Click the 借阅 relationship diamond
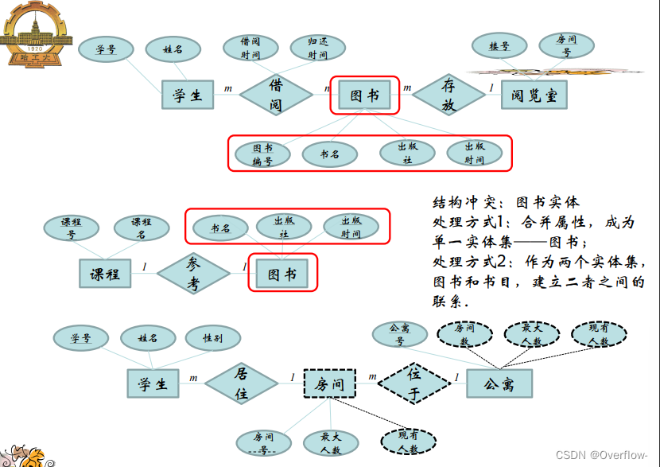tap(276, 95)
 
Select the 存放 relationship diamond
tap(448, 95)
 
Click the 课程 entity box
tap(105, 274)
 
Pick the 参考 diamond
tap(194, 274)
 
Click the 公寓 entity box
tap(500, 384)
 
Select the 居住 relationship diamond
tap(242, 383)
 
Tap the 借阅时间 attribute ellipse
tap(250, 48)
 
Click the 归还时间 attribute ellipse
tap(318, 48)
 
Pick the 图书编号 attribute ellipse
tap(262, 154)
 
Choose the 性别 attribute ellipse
tap(212, 338)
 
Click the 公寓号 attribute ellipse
tap(399, 333)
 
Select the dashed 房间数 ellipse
tap(464, 333)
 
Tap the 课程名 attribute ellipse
tap(141, 228)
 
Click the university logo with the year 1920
tap(35, 33)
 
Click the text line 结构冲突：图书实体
tap(507, 202)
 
